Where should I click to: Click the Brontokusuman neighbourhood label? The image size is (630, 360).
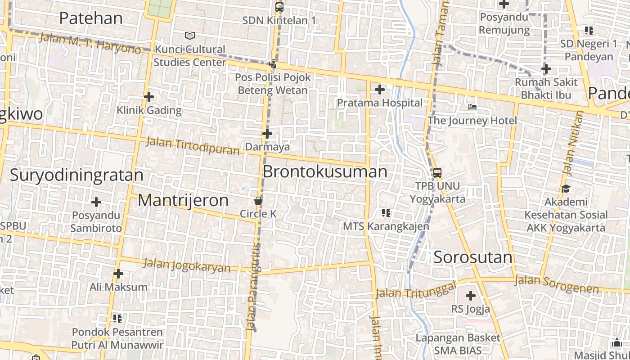(x=324, y=171)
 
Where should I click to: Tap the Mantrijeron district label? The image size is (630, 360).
(x=183, y=200)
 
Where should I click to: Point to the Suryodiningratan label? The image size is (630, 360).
(x=76, y=175)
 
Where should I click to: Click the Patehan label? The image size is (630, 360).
(x=91, y=18)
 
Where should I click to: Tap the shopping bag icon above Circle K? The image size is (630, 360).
(x=258, y=201)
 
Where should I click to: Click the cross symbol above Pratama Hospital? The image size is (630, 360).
(x=380, y=90)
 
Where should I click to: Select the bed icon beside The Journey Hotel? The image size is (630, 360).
(x=472, y=107)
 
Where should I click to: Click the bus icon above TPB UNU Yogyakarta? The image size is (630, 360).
(x=437, y=173)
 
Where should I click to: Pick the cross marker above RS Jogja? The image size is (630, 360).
(x=471, y=296)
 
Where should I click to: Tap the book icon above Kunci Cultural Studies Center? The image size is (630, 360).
(x=190, y=36)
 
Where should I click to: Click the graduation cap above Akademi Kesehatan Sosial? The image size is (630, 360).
(x=566, y=189)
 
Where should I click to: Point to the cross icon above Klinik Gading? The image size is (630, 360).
(x=149, y=97)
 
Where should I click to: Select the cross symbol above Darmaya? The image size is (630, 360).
(x=267, y=134)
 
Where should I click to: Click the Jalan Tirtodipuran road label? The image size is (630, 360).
(x=193, y=146)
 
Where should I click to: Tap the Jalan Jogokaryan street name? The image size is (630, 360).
(x=187, y=265)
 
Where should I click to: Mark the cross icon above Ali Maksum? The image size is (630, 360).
(x=118, y=274)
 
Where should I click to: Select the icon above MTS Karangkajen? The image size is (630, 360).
(x=386, y=212)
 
